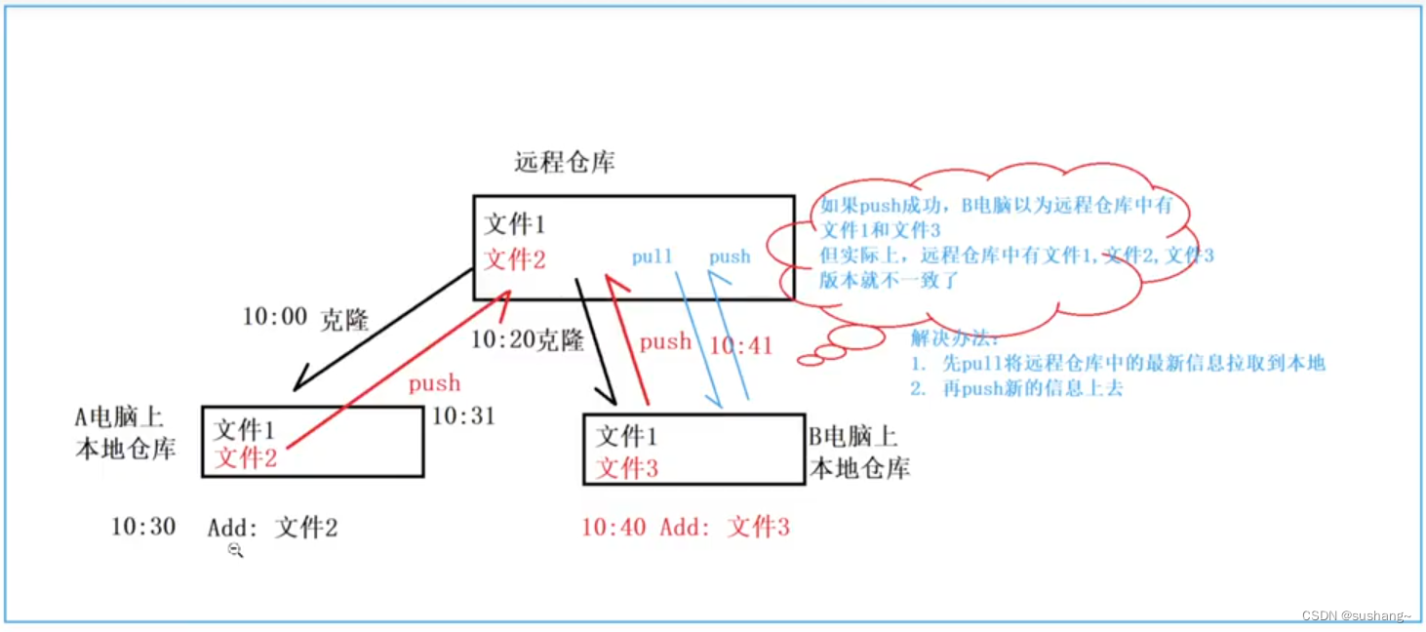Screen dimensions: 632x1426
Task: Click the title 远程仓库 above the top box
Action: (564, 162)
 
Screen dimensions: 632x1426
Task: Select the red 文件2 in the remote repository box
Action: (515, 260)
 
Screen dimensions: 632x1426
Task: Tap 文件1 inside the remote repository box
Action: (515, 225)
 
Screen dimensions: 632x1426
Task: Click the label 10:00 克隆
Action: (304, 319)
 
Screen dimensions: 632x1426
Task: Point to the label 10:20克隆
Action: (527, 340)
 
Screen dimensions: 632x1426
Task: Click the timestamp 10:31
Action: (463, 416)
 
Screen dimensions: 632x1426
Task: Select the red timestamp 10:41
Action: (740, 345)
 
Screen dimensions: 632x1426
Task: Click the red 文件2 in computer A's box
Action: (245, 457)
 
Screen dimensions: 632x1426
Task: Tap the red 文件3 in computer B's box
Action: (626, 468)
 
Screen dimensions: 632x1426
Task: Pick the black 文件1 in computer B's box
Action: (626, 435)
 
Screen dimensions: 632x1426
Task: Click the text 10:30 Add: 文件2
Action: (224, 528)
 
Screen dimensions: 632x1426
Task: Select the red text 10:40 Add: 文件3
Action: (685, 528)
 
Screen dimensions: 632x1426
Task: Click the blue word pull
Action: (652, 257)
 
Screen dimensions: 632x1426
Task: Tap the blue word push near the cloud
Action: (730, 257)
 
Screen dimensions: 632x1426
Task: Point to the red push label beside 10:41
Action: (665, 342)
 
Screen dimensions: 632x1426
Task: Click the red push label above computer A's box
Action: (434, 383)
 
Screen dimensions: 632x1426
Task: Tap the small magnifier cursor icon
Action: (235, 551)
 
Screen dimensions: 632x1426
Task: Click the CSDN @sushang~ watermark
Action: (1356, 616)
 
